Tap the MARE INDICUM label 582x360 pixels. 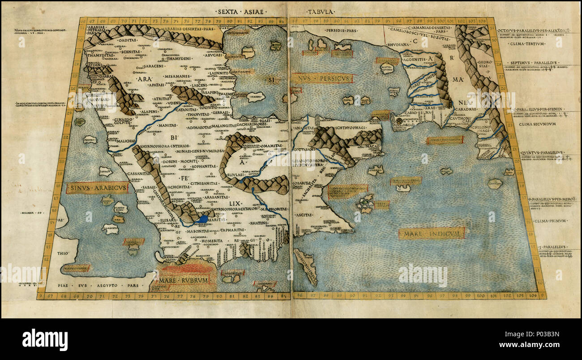point(432,233)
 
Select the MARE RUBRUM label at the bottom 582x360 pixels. point(185,281)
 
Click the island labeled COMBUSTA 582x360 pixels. point(110,229)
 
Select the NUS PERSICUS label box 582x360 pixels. point(322,79)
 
